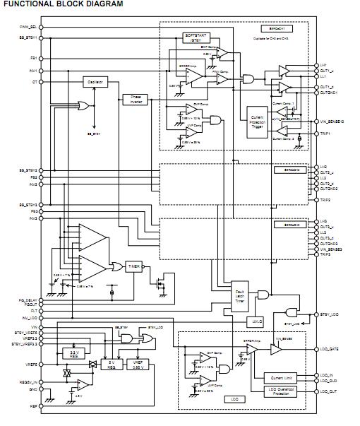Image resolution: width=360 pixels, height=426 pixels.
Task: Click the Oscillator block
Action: (x=95, y=83)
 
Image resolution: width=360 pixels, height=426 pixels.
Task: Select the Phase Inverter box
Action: (x=134, y=100)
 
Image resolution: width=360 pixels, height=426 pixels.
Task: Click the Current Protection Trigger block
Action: (x=258, y=121)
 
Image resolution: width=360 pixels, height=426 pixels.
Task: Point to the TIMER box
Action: (x=134, y=266)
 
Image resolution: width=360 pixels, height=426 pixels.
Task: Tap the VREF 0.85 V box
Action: (x=138, y=365)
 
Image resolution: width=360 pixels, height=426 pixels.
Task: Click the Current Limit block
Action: (x=281, y=379)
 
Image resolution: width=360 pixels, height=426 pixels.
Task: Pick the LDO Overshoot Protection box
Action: (x=281, y=391)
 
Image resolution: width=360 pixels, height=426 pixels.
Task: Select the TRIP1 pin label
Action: (x=325, y=133)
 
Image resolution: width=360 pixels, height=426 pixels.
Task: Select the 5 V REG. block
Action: (x=111, y=365)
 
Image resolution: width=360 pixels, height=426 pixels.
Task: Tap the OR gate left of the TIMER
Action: (x=115, y=266)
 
